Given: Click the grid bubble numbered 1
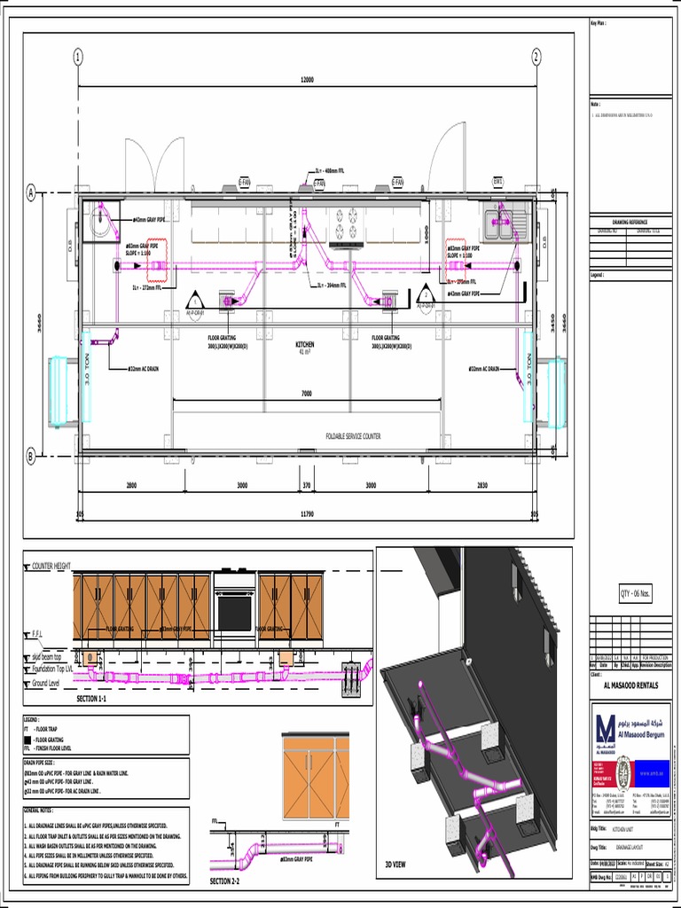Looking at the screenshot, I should point(78,57).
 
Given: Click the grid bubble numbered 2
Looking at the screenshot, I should point(536,57).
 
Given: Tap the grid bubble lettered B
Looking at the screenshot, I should point(31,457).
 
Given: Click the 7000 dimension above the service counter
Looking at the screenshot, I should point(306,393).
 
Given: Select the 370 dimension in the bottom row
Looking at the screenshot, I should point(307,485).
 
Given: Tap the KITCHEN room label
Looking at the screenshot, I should point(305,344).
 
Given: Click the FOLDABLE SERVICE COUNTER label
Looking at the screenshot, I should point(353,437).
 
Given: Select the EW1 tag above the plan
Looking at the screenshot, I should point(498,182).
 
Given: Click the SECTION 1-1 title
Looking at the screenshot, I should point(91,700).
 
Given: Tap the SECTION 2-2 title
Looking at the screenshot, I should point(224,881).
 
